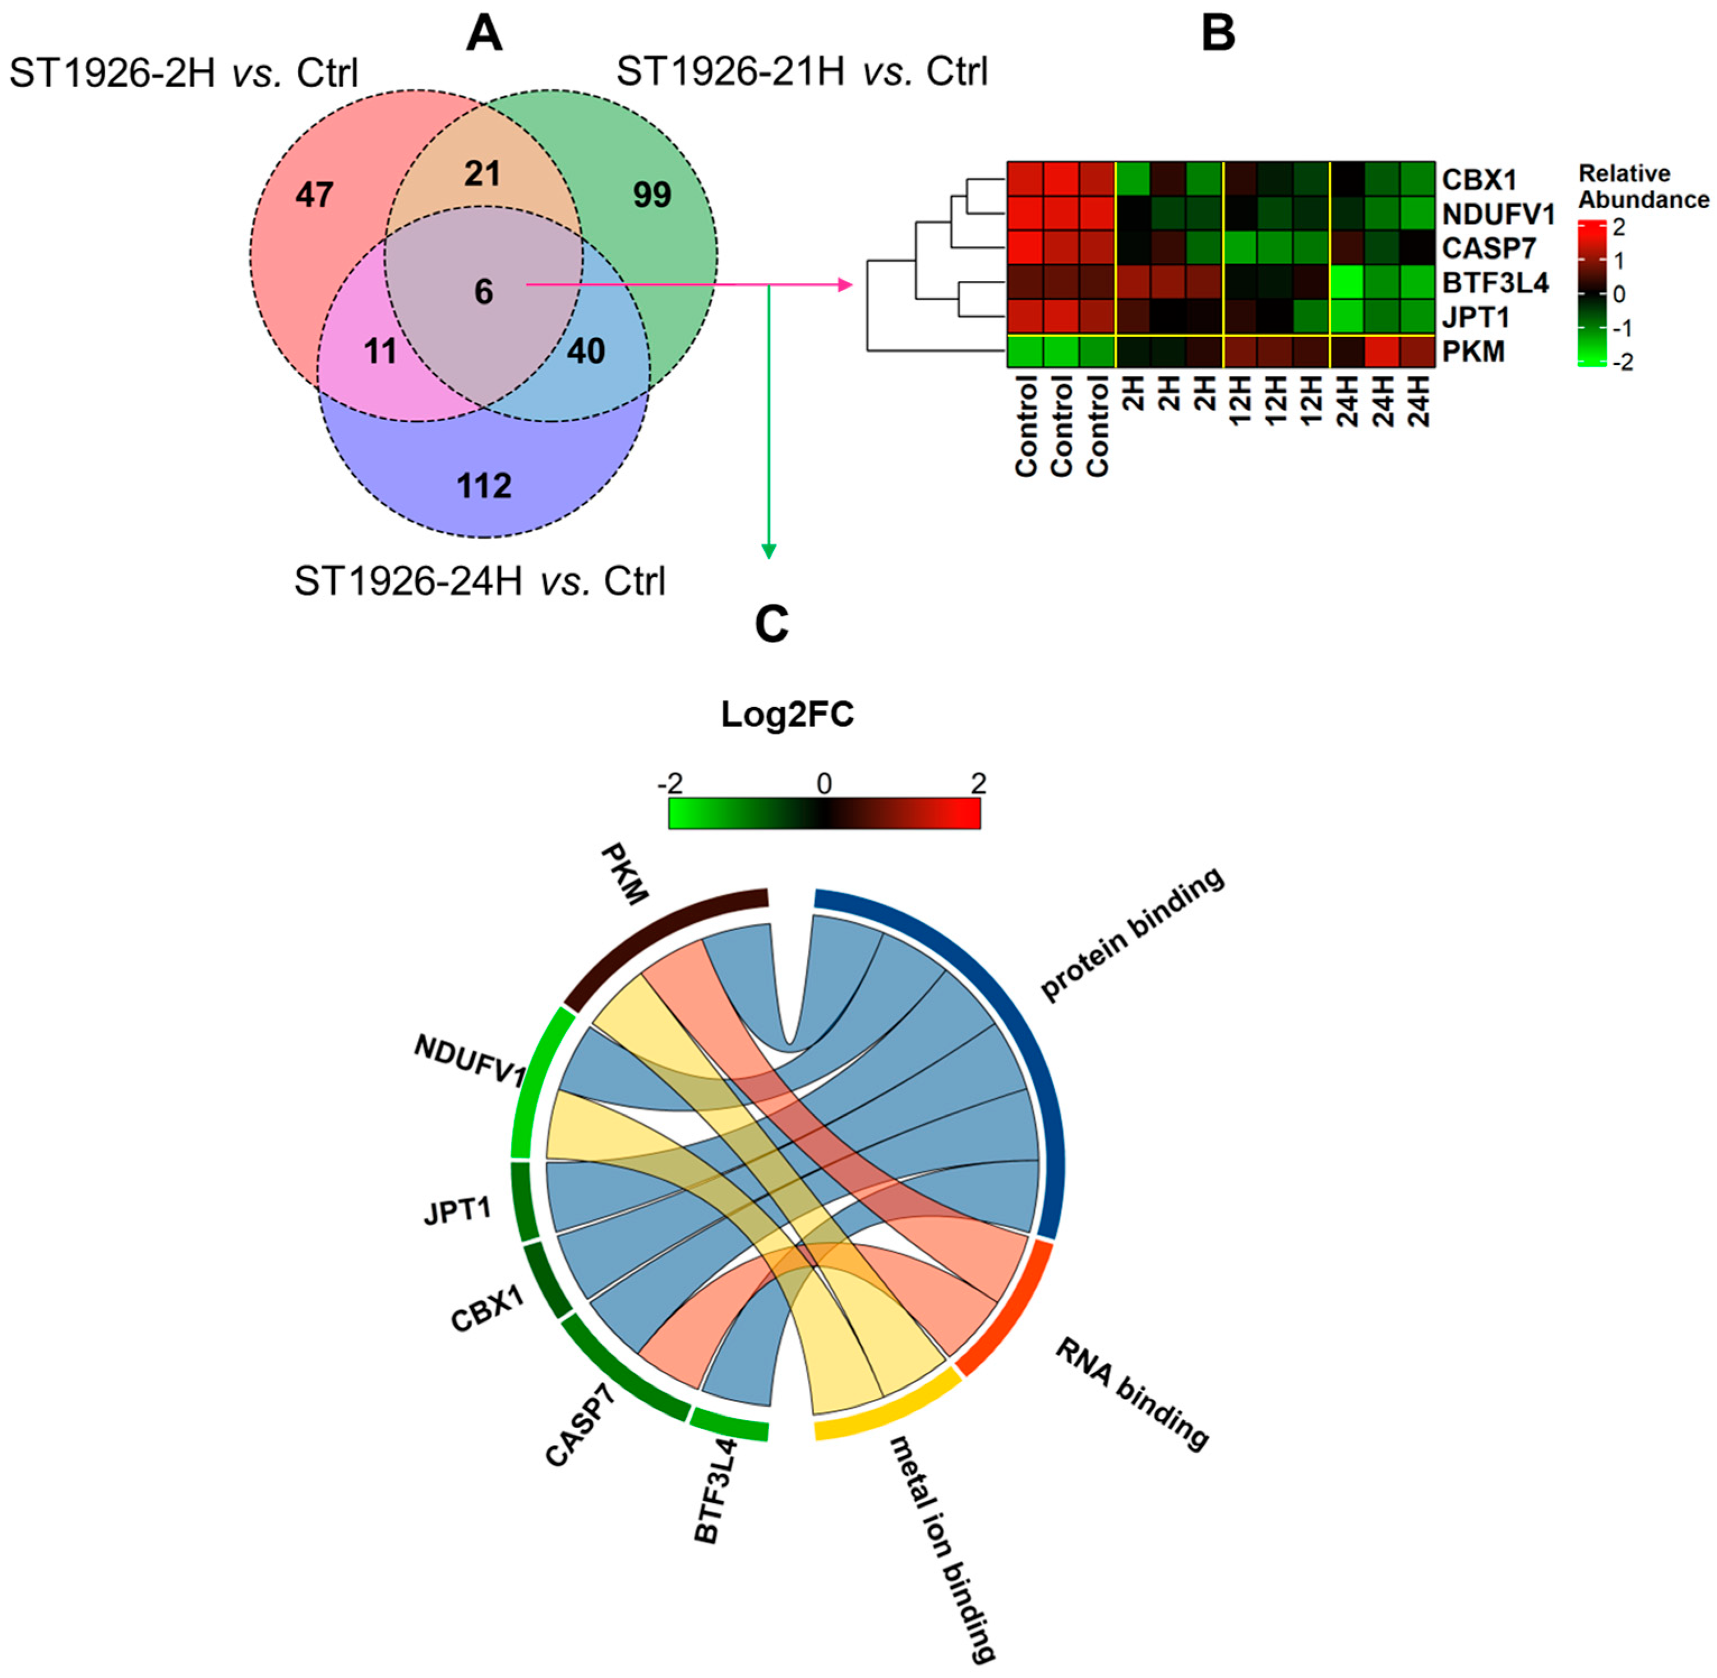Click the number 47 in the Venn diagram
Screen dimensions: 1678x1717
(314, 194)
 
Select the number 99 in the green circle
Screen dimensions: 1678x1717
(652, 195)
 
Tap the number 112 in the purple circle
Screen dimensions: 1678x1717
(484, 486)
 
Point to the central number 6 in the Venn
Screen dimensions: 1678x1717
(483, 292)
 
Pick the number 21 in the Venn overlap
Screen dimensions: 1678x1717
(482, 174)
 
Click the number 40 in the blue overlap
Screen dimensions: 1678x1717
(585, 352)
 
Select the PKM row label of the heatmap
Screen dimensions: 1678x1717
(1473, 352)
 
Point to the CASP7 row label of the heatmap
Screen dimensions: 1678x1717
(1489, 248)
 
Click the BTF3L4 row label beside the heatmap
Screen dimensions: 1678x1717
(1495, 283)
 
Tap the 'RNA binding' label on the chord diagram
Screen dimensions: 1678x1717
(1132, 1393)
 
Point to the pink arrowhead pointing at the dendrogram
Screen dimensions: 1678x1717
(846, 285)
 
